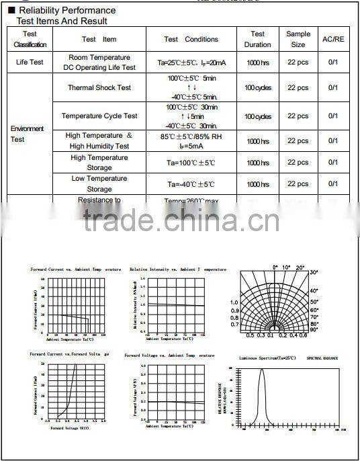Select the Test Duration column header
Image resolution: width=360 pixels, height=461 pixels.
[x=258, y=39]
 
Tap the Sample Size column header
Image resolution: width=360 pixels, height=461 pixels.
[x=298, y=39]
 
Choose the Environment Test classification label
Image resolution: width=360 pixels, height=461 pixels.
[x=27, y=134]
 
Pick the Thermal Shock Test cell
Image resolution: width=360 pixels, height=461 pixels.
[x=99, y=88]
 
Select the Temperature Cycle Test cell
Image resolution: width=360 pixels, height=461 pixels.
[x=99, y=116]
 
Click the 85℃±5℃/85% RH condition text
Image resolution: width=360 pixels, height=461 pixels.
[x=191, y=136]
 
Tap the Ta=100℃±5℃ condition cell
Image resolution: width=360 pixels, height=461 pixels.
[x=191, y=163]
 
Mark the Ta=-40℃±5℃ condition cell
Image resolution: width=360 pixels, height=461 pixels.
[x=191, y=184]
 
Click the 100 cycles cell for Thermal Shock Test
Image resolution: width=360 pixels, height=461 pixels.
[x=258, y=88]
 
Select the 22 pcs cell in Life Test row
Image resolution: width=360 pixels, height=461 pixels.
[x=298, y=62]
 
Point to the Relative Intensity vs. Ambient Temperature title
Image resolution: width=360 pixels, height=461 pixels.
[x=178, y=269]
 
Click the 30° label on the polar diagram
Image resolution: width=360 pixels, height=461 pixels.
[x=314, y=272]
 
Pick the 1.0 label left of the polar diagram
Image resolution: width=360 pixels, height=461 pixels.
[x=234, y=302]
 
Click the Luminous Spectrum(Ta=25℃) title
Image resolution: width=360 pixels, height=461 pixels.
[x=267, y=359]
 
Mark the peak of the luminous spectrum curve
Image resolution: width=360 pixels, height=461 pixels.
[x=262, y=369]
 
